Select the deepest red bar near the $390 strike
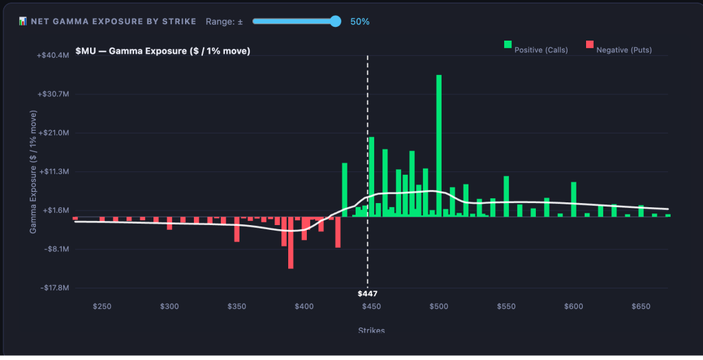[291, 243]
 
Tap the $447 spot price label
[367, 294]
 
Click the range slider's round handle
[335, 21]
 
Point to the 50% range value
[360, 21]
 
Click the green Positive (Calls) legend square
[508, 45]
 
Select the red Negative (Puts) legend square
[589, 45]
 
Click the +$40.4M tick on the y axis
[53, 55]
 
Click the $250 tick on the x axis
[102, 306]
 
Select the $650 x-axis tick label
[640, 306]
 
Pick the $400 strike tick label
[304, 306]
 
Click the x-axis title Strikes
[371, 330]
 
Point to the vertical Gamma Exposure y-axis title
[33, 171]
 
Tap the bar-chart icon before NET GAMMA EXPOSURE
[23, 21]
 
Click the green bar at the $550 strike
[506, 196]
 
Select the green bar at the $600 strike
[574, 199]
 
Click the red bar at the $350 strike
[237, 229]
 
